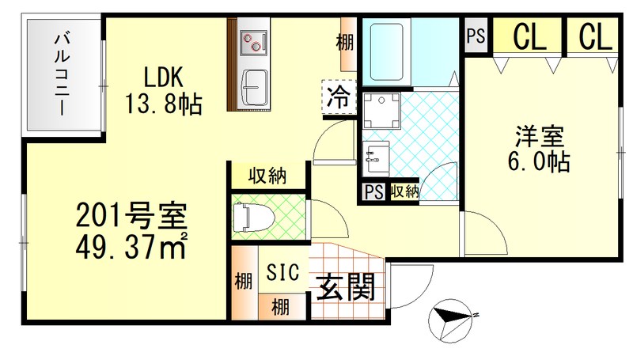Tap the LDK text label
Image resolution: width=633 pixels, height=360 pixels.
[164, 78]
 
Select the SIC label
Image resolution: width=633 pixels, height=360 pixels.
[282, 273]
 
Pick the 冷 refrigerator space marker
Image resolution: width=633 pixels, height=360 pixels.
[338, 99]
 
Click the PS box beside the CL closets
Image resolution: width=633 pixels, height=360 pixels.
[476, 36]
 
